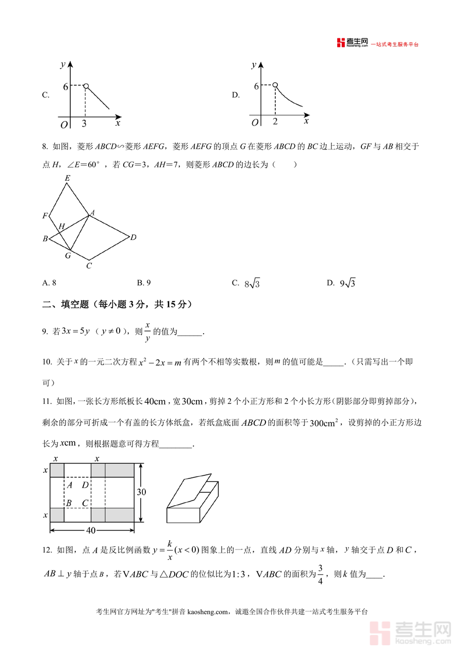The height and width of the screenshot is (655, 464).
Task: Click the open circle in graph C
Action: click(x=86, y=86)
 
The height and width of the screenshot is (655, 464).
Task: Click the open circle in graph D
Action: click(x=275, y=85)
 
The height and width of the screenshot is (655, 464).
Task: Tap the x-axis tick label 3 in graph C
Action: click(x=84, y=124)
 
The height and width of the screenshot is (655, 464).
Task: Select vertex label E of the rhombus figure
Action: click(x=67, y=178)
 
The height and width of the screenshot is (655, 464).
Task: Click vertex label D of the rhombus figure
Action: click(x=133, y=237)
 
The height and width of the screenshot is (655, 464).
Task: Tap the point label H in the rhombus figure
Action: click(x=61, y=227)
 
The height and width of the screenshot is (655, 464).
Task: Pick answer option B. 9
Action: click(x=143, y=283)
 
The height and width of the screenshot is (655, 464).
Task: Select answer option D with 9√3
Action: click(x=341, y=283)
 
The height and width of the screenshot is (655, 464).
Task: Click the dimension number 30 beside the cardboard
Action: click(x=141, y=492)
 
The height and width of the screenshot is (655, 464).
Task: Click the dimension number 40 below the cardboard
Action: click(x=91, y=530)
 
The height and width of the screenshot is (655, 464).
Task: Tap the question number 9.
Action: click(x=45, y=332)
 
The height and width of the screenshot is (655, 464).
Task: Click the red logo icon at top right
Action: click(x=340, y=43)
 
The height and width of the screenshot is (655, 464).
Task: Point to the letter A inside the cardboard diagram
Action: click(x=69, y=485)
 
